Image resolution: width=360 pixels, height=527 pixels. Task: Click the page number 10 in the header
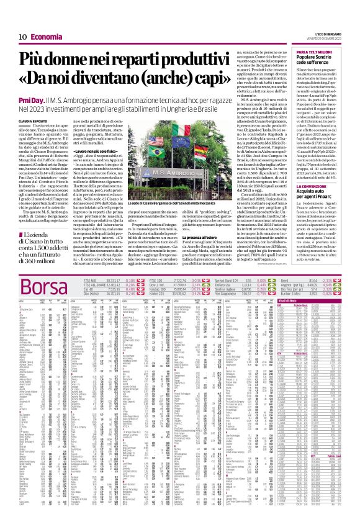(22, 19)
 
